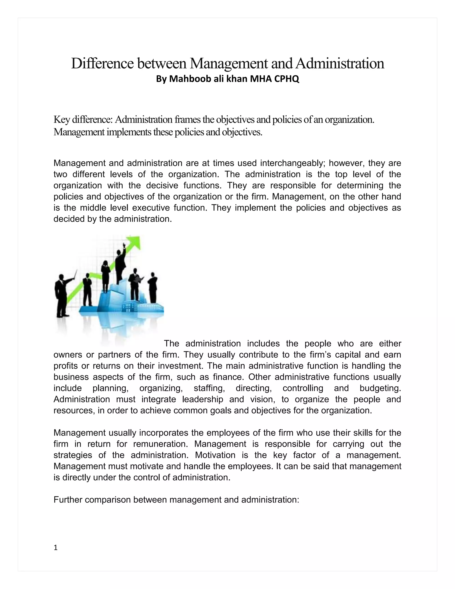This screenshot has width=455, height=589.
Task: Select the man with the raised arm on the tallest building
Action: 120,264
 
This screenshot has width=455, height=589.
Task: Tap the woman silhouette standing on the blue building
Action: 105,275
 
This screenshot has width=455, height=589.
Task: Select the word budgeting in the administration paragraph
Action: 380,388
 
